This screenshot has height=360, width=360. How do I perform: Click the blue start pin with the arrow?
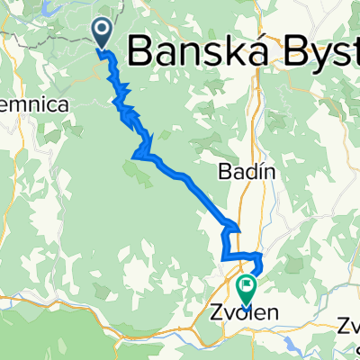point(103,33)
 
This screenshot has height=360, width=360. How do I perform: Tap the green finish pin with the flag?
point(245,287)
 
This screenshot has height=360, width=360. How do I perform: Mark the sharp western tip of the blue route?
point(134,157)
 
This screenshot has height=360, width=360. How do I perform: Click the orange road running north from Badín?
point(261,117)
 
